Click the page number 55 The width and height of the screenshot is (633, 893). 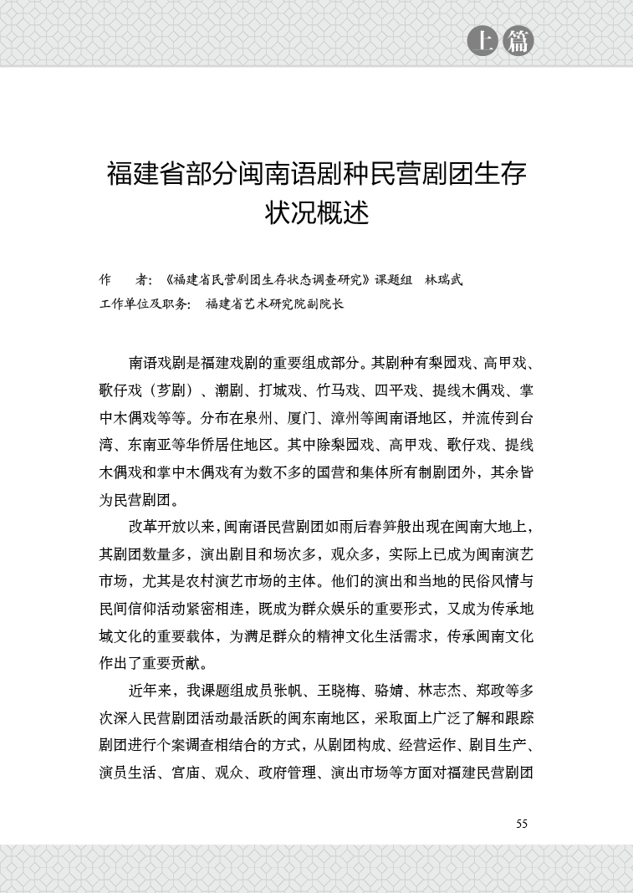click(x=522, y=824)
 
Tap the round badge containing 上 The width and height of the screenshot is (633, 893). click(x=482, y=42)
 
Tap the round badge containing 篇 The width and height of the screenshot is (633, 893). click(x=518, y=42)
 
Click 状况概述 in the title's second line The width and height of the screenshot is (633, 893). click(x=316, y=212)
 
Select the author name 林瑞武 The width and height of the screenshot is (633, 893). click(x=443, y=279)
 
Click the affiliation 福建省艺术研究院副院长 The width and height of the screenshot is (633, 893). click(x=275, y=304)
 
